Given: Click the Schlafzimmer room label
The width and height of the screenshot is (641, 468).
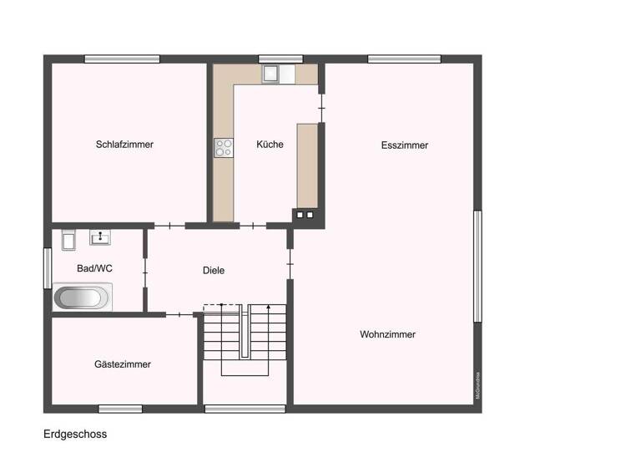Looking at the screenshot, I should [x=124, y=145].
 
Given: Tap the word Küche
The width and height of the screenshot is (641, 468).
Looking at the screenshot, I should [x=270, y=145].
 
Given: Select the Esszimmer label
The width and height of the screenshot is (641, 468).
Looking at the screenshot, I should [x=405, y=145].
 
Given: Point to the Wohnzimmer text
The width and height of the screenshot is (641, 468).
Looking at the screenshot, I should [x=387, y=334].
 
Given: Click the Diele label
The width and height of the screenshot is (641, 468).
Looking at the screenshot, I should [x=214, y=271].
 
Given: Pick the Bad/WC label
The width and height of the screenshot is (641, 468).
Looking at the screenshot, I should [x=94, y=269].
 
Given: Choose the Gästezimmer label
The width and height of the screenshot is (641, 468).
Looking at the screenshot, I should [x=123, y=364].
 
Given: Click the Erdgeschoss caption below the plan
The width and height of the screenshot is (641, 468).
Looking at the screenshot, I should [x=75, y=435].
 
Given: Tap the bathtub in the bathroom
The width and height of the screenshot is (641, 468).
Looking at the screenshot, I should [x=83, y=297].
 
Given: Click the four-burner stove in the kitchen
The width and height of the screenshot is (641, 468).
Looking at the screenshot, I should [x=224, y=149].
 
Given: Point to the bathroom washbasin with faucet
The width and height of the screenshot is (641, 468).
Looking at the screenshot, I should [x=99, y=238].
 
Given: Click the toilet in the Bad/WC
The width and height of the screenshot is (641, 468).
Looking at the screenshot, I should [x=68, y=240].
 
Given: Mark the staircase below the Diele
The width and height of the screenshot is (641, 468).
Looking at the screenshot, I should [x=245, y=340].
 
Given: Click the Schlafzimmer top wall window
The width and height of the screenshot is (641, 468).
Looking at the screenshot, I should [x=122, y=59].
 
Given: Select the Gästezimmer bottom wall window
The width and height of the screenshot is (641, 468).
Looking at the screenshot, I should [x=120, y=409].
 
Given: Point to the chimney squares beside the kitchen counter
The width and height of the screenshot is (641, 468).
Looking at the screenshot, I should [x=304, y=215].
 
